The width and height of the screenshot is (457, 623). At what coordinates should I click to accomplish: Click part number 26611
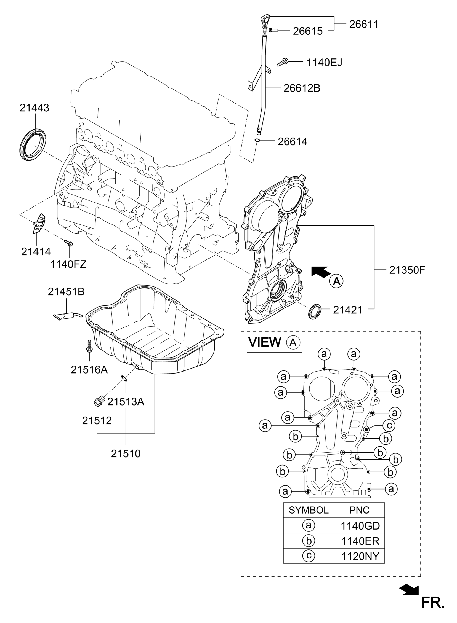tap(363, 24)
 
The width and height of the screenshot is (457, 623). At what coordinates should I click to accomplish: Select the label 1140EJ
tap(324, 63)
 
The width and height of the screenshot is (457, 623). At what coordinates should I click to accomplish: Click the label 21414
tap(36, 251)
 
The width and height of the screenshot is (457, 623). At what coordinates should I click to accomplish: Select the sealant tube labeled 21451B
tap(68, 316)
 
